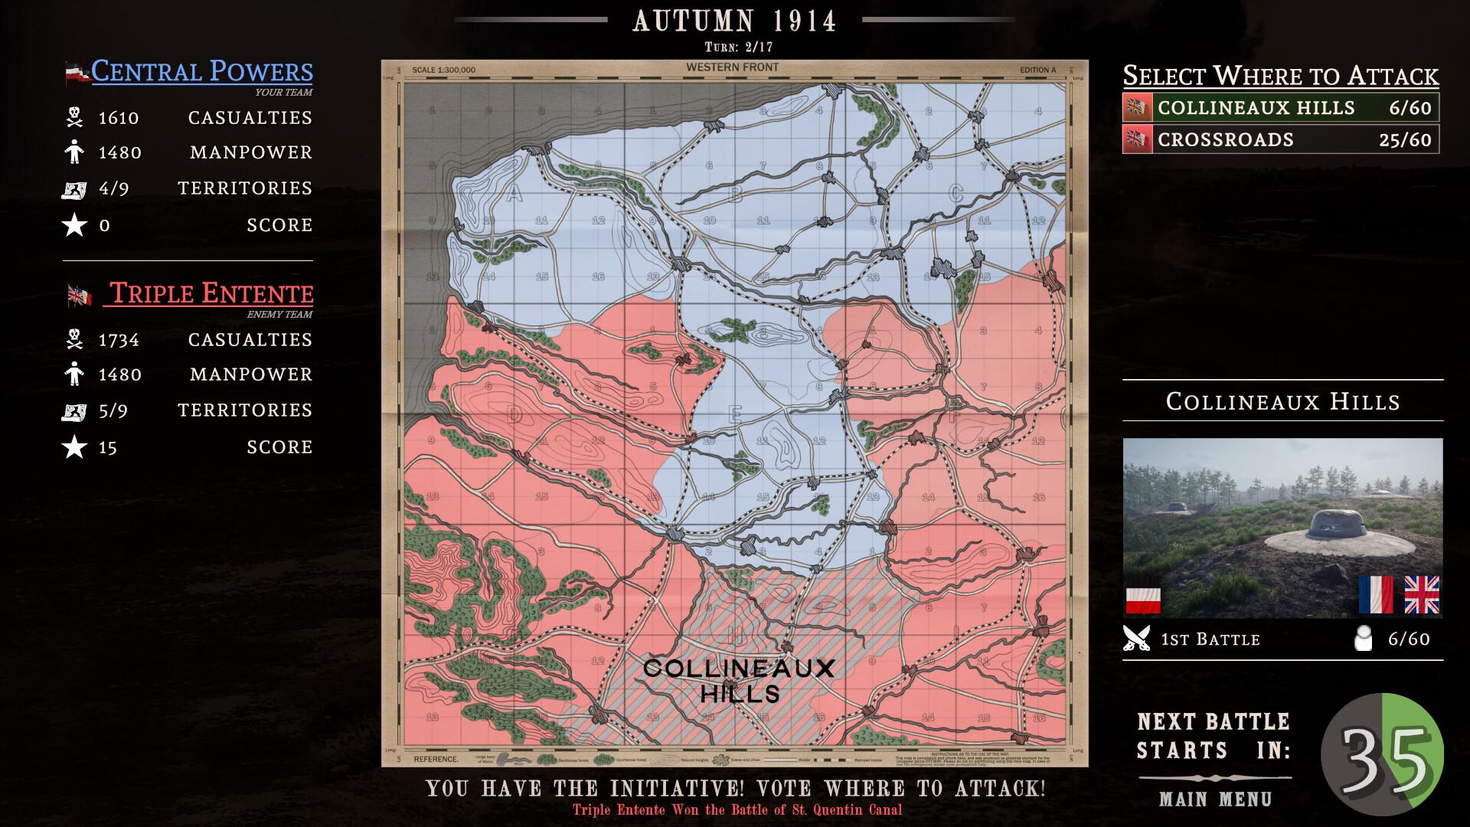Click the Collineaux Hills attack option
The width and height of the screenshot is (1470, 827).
1280,107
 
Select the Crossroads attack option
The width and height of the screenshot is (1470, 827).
1280,139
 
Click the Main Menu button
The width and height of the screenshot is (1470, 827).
1215,799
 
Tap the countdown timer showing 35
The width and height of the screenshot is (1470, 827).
1382,754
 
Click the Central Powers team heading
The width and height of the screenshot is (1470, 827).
201,71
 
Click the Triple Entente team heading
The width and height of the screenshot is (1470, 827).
211,293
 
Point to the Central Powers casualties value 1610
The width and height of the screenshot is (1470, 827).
119,118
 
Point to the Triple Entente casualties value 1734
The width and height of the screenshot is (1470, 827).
119,340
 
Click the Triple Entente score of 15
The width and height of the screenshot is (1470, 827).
108,447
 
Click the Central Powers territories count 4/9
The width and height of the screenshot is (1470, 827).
114,188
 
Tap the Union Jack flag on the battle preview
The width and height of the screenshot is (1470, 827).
1422,595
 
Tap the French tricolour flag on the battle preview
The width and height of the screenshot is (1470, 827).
1376,595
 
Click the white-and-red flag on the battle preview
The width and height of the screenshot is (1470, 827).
1143,600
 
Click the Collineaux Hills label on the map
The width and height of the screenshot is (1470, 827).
739,680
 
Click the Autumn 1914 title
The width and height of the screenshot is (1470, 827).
735,21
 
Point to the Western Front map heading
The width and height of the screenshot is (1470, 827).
732,68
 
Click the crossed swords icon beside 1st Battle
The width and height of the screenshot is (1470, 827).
1136,639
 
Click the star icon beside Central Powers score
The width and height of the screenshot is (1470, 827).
74,225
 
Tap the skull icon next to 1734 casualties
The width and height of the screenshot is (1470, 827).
74,339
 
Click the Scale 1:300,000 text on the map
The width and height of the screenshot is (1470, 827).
443,70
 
